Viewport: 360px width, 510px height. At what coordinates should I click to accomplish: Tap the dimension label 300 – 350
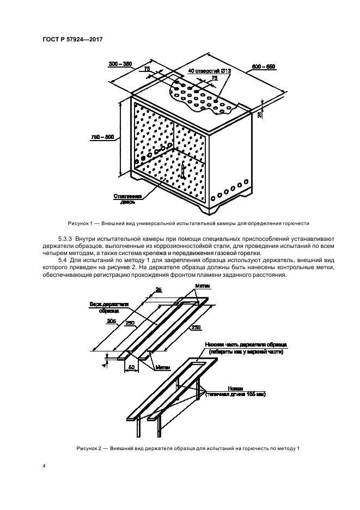(x=120, y=64)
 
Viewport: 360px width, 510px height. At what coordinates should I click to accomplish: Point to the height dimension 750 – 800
(x=102, y=137)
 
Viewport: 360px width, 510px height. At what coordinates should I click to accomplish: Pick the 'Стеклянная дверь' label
(x=128, y=198)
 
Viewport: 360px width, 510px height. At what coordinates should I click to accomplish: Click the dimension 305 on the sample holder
(x=111, y=321)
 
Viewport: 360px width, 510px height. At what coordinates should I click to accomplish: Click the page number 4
(x=43, y=466)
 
